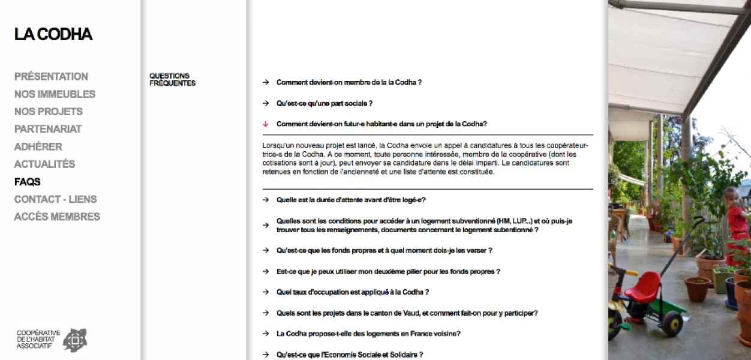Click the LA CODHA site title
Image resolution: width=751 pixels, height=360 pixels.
53,35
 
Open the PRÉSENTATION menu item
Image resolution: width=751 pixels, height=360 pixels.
51,76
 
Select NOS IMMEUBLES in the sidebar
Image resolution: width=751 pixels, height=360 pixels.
55,94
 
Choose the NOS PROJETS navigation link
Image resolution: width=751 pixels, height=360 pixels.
49,112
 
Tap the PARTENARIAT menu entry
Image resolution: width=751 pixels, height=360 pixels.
48,129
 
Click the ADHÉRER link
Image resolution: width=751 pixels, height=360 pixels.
38,146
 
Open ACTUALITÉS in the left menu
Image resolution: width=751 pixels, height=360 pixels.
44,164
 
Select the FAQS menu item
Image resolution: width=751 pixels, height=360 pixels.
28,182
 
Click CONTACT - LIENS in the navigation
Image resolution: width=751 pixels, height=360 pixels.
55,199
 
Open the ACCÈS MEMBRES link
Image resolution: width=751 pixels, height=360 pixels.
57,217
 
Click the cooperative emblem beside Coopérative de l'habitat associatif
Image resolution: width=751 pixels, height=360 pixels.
74,340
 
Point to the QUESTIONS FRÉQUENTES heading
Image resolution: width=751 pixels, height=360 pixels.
172,80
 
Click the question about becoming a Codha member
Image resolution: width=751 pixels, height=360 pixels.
349,83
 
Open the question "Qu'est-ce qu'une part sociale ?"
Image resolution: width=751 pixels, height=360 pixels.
324,104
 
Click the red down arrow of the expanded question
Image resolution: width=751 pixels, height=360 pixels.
265,124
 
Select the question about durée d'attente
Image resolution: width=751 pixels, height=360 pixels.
351,200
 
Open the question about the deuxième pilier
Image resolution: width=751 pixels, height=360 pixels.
388,272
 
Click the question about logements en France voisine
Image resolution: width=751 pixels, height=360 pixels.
368,334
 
